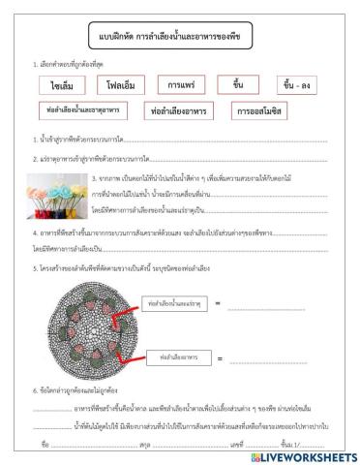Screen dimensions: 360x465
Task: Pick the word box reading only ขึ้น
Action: point(238,84)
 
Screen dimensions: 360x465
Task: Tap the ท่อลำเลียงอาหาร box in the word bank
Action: point(183,112)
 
